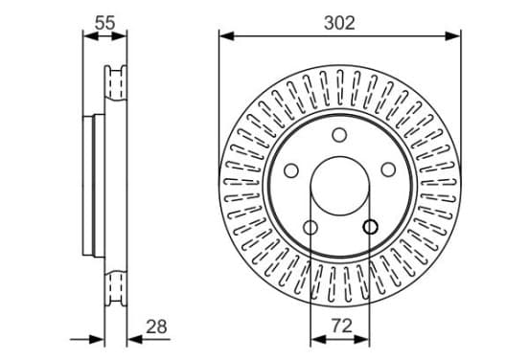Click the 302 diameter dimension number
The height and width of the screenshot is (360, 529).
coord(339,23)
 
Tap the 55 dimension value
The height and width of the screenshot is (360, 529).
coord(104,23)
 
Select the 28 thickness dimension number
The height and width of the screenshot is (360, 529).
coord(156,326)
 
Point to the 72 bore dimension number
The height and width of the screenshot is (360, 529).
coord(342,326)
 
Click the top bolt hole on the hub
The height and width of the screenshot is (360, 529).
coord(339,134)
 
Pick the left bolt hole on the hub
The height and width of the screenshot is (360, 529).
coord(291,170)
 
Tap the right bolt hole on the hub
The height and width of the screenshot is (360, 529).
coord(388,169)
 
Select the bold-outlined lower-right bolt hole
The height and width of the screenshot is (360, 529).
coord(370,227)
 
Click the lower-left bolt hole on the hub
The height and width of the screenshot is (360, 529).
coord(310,228)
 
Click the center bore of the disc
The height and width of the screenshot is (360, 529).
coord(340,186)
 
